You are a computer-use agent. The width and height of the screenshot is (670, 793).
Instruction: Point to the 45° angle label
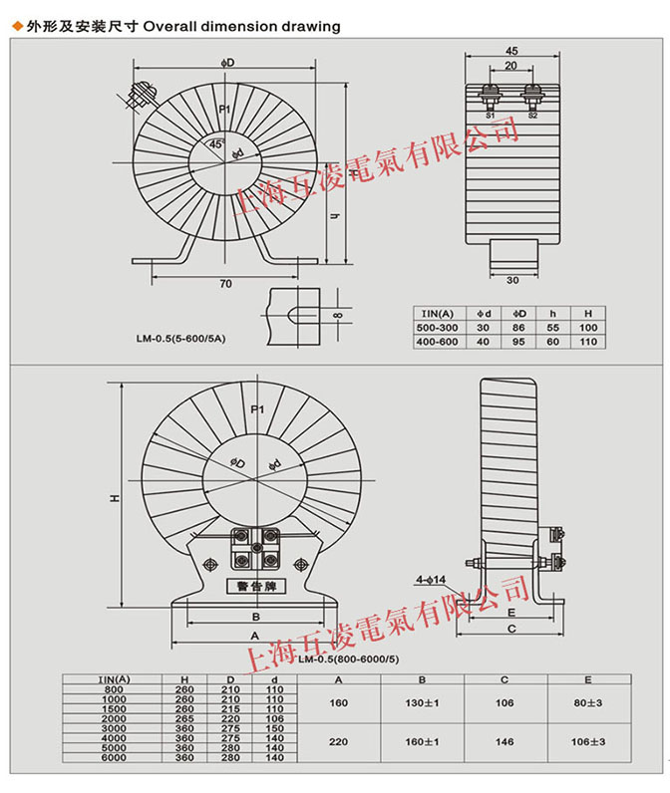tap(218, 143)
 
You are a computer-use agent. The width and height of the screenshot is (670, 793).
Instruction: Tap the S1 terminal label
tap(491, 116)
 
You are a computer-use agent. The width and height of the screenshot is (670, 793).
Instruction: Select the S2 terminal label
tap(532, 116)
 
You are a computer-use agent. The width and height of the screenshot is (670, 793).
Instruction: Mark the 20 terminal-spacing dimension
tap(510, 66)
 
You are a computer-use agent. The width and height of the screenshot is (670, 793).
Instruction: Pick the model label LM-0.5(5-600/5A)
tap(181, 339)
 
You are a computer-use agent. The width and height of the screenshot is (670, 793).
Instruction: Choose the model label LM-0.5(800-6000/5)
tap(348, 660)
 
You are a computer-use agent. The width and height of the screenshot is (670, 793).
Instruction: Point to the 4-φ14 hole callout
tap(431, 578)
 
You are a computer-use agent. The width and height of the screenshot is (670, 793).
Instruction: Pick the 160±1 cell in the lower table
tap(425, 742)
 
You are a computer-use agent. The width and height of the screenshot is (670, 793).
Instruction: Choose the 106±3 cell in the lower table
tap(588, 742)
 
